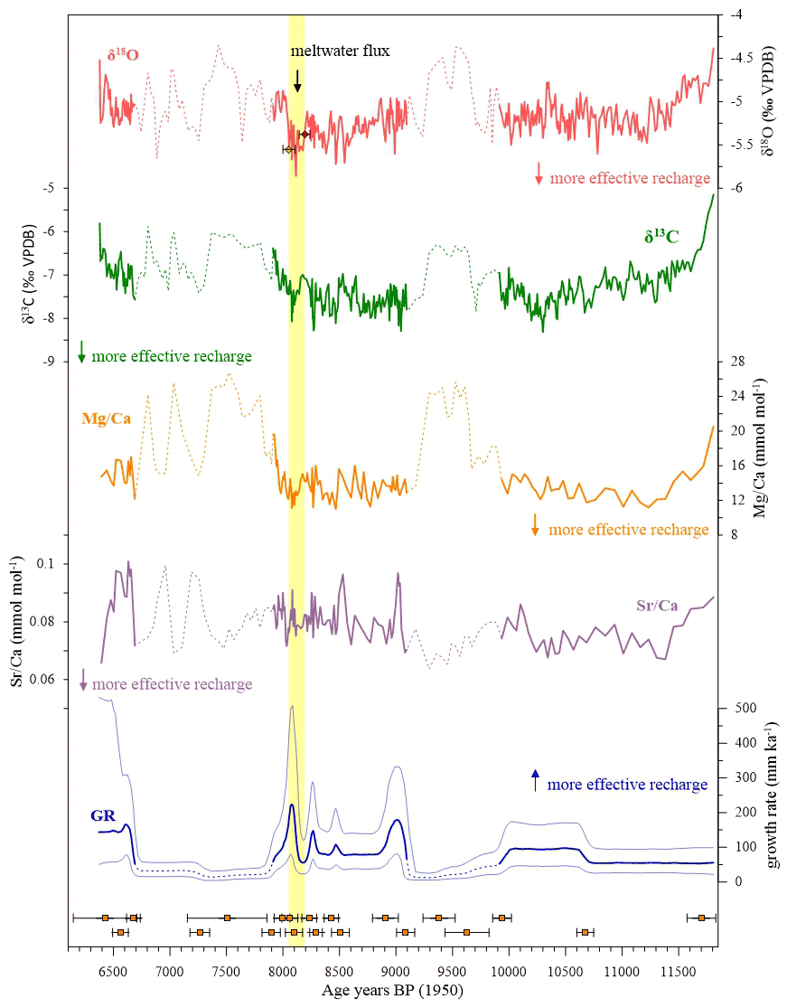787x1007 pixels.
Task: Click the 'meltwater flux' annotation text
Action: tap(340, 51)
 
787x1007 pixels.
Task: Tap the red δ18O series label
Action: tap(117, 56)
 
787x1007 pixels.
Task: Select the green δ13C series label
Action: tap(661, 237)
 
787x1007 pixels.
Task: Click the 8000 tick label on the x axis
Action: tap(283, 971)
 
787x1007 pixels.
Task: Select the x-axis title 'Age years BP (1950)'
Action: tap(393, 992)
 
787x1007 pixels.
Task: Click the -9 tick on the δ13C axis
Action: tap(43, 362)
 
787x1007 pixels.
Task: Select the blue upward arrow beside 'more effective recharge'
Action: tap(535, 778)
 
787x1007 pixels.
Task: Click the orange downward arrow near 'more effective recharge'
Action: tap(535, 523)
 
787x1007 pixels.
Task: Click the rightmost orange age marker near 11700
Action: tap(701, 918)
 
